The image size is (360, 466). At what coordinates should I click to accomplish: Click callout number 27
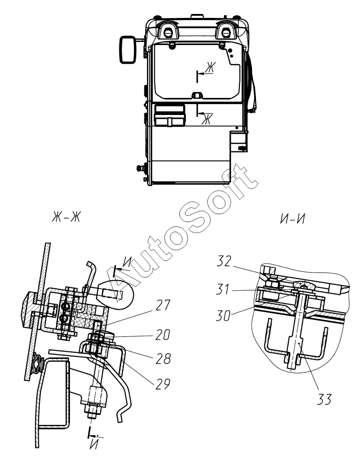pyautogui.click(x=163, y=306)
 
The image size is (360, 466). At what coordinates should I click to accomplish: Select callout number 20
pyautogui.click(x=163, y=335)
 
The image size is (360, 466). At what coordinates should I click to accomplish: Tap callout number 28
pyautogui.click(x=163, y=359)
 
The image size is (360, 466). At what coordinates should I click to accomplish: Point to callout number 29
pyautogui.click(x=163, y=384)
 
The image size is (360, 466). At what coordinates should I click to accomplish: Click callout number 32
pyautogui.click(x=224, y=261)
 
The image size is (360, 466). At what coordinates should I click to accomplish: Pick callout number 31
pyautogui.click(x=223, y=289)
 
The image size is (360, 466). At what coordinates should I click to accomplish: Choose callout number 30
pyautogui.click(x=223, y=316)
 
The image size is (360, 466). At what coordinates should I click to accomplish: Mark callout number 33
pyautogui.click(x=324, y=400)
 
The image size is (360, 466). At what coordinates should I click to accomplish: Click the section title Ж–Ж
pyautogui.click(x=66, y=218)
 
